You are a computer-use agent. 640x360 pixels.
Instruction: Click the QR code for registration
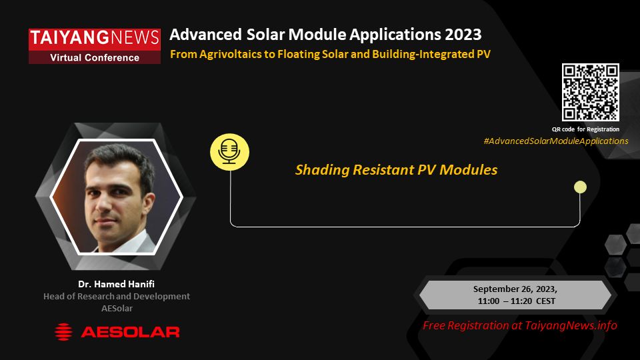coord(590,92)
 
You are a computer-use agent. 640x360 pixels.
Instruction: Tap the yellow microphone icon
coord(229,152)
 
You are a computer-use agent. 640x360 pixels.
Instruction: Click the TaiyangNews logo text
coord(94,37)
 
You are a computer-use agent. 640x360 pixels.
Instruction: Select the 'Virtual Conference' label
coord(95,57)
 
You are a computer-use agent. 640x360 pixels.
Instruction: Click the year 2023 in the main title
coord(463,35)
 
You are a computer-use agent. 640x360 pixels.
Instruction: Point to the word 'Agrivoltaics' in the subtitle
coord(232,54)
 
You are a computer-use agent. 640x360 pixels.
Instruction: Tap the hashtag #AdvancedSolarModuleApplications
coord(556,141)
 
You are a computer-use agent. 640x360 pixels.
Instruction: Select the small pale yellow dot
coord(580,187)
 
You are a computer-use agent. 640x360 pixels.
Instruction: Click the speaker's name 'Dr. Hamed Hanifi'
coord(116,284)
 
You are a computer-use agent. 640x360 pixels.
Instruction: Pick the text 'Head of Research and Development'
coord(117,296)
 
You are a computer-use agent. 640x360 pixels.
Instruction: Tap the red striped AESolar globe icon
coord(63,332)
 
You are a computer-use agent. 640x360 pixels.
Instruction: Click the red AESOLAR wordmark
coord(130,332)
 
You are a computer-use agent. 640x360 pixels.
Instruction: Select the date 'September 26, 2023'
coord(515,289)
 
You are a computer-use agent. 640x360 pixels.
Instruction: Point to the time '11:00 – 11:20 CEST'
coord(516,301)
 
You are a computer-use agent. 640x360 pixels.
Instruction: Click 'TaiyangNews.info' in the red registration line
coord(571,326)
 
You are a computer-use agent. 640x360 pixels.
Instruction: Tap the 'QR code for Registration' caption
coord(586,129)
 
